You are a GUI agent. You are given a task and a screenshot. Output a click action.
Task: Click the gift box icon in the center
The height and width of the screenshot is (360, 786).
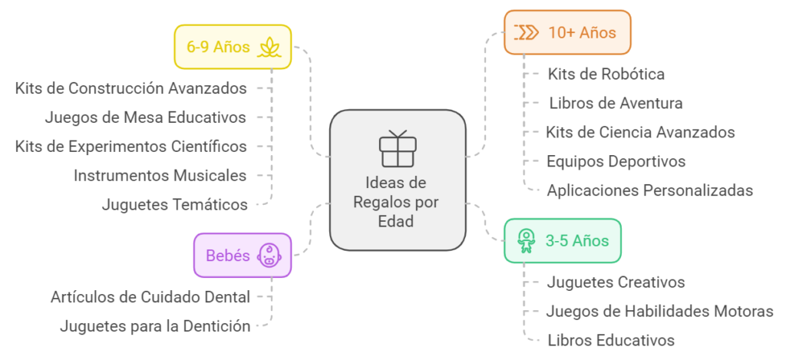tap(397, 149)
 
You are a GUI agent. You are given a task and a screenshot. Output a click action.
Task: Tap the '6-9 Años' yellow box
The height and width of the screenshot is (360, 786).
tap(232, 47)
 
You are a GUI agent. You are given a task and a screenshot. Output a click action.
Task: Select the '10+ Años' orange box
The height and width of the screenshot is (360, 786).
tap(567, 32)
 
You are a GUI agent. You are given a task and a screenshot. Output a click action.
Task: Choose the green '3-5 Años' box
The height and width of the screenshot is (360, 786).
tap(562, 240)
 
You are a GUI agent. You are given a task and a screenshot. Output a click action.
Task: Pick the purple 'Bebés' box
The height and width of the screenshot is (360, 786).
tap(242, 255)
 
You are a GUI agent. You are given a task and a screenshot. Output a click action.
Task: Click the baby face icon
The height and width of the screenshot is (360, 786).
tap(268, 255)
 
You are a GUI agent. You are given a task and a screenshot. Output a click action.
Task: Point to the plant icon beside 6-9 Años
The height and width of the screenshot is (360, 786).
tap(269, 47)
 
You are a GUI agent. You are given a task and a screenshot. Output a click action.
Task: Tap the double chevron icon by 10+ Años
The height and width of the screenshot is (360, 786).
tap(527, 32)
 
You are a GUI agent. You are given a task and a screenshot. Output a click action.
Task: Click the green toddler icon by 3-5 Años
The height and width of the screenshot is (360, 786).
tap(526, 240)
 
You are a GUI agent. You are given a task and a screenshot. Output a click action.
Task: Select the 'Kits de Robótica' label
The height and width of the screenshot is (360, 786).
tap(606, 74)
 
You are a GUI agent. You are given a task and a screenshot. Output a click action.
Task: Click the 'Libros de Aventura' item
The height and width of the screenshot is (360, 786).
tap(616, 103)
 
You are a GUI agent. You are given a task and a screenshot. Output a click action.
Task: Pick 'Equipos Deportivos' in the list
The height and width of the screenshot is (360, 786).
tap(616, 161)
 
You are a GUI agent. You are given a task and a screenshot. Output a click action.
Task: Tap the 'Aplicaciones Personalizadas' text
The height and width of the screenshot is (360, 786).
tap(649, 190)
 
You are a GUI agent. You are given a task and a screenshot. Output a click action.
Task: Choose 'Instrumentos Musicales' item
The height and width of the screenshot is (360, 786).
tap(160, 176)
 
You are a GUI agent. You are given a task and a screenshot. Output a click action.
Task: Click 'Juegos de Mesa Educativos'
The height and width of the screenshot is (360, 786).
tap(145, 117)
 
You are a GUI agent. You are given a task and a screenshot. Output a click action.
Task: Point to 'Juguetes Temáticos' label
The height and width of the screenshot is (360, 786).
tap(174, 205)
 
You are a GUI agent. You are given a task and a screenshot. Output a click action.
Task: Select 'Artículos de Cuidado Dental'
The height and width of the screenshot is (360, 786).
tap(150, 296)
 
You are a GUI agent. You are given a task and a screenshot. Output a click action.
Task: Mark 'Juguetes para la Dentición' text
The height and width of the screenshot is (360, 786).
tap(155, 326)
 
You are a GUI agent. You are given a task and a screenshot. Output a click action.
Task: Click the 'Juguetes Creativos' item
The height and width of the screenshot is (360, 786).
tap(616, 282)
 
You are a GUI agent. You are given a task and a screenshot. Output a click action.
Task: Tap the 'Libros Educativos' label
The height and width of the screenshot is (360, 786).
tap(610, 340)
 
